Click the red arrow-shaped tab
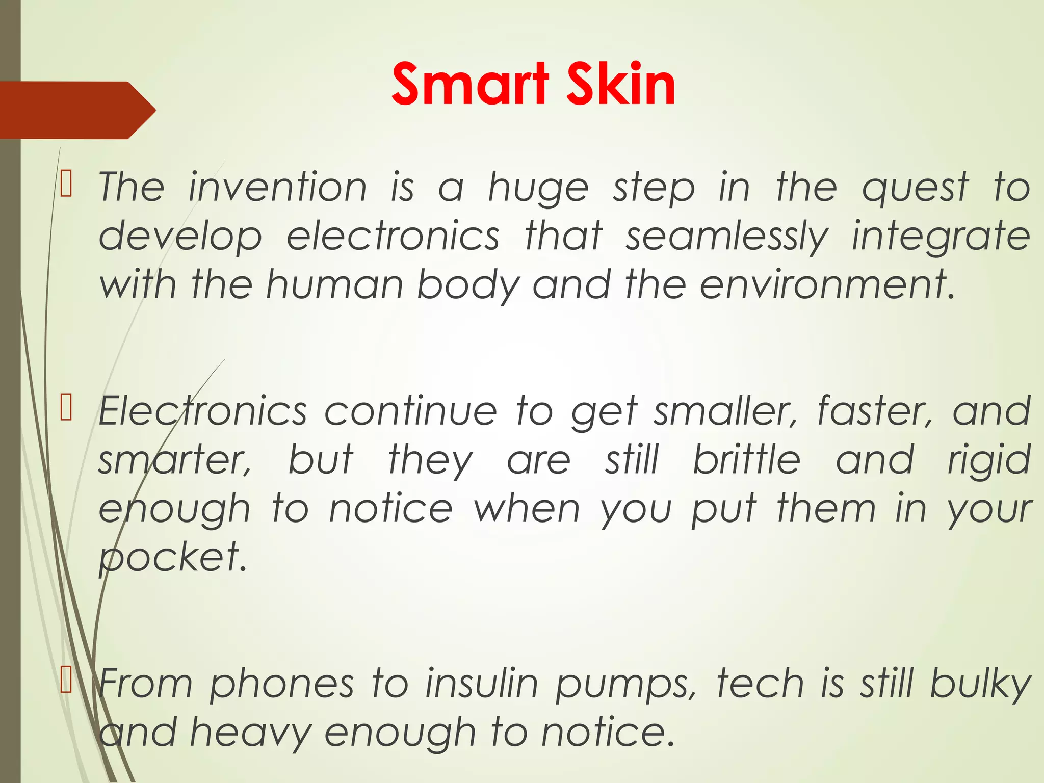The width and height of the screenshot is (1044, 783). [76, 110]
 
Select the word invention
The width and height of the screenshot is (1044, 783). [277, 188]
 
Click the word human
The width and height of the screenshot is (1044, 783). [335, 284]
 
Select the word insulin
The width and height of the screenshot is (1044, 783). [482, 683]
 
